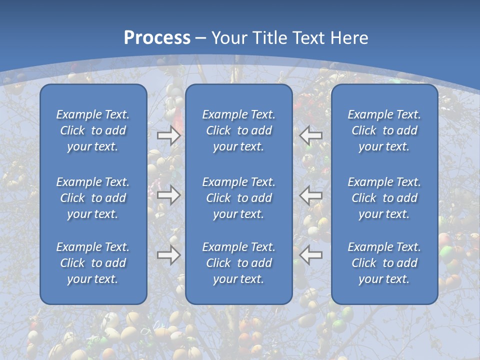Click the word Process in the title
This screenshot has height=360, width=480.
point(157,38)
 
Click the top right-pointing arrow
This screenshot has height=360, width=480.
point(169,135)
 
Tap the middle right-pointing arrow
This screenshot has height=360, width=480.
point(169,195)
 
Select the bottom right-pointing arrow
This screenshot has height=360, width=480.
point(169,255)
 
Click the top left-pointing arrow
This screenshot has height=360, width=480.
point(311,135)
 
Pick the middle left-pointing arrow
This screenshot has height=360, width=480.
point(311,195)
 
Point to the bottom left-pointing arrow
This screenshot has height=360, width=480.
point(311,255)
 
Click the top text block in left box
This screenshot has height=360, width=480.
point(93,130)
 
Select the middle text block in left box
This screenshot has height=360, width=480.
point(93,198)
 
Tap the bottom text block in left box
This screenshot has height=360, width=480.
point(93,263)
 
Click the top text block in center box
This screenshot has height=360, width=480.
point(239,130)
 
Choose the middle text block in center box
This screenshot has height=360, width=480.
point(239,198)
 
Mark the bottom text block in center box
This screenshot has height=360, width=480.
point(239,263)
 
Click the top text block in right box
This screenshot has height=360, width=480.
point(384,130)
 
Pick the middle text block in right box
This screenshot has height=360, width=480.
point(384,198)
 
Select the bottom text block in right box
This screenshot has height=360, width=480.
point(384,263)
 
